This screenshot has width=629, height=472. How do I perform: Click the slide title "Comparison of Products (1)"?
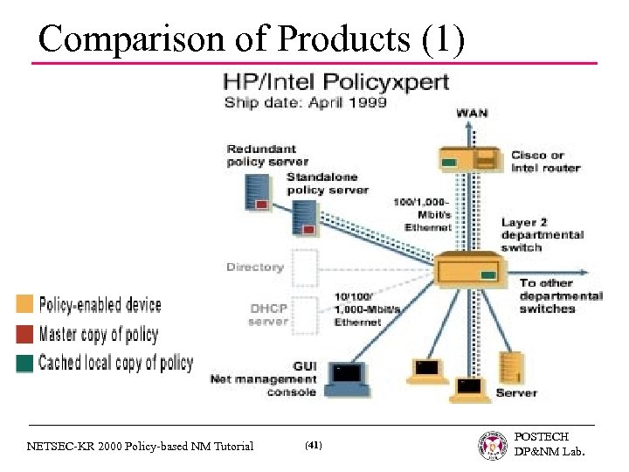(x=252, y=38)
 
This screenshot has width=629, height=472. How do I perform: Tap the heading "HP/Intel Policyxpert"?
(x=336, y=83)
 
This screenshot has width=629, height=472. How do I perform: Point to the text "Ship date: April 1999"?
(x=306, y=102)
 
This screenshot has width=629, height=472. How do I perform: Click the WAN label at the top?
(x=471, y=114)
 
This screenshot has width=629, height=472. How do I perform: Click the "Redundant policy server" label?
(x=267, y=155)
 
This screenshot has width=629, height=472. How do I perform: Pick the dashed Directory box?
(x=304, y=267)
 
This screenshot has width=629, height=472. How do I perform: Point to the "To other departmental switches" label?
(x=560, y=295)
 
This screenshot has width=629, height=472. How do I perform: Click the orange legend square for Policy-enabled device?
(x=24, y=305)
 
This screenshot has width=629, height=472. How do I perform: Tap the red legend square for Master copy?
(x=24, y=334)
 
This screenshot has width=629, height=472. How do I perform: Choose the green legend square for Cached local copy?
(x=24, y=363)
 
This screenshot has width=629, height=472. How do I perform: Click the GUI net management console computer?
(x=347, y=374)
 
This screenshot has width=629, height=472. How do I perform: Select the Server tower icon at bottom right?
(x=508, y=367)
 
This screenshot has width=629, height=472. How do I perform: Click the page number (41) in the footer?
(x=313, y=446)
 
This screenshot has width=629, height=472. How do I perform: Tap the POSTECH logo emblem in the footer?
(x=494, y=446)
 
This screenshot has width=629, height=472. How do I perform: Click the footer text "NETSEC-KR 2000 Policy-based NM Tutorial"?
(x=140, y=446)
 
